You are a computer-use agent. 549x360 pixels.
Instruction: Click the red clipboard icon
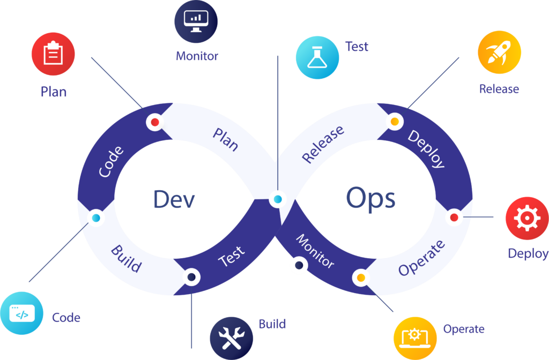[x=53, y=54]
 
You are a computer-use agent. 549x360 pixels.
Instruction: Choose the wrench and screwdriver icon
[x=232, y=338]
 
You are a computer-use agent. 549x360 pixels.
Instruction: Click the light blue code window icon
[x=22, y=313]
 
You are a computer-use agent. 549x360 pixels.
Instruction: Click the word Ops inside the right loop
[x=370, y=199]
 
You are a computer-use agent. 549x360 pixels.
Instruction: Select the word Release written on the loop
[x=323, y=145]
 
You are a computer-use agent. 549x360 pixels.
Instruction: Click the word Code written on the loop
[x=112, y=161]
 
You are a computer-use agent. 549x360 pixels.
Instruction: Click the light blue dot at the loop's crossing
[x=278, y=200]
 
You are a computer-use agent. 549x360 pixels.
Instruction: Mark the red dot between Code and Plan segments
[x=155, y=122]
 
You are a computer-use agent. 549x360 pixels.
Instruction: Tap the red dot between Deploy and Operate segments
[x=454, y=217]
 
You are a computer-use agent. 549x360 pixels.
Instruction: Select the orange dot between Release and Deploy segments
[x=395, y=122]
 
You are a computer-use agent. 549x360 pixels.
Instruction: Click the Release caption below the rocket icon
[x=499, y=89]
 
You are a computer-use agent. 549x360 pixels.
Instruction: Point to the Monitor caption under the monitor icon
[x=197, y=56]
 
